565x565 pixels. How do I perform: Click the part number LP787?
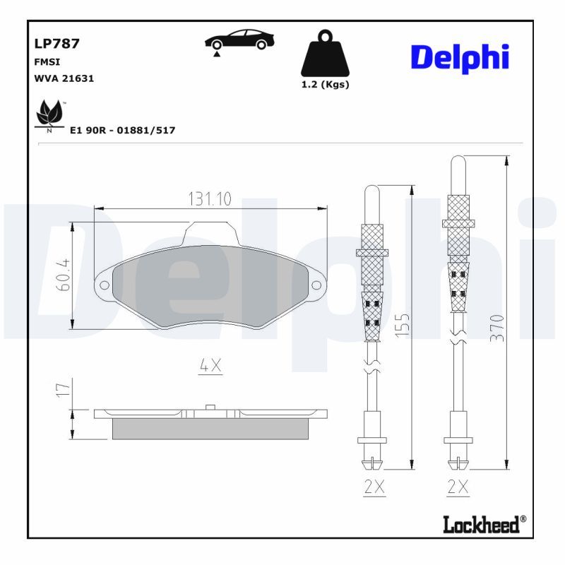pyautogui.click(x=57, y=43)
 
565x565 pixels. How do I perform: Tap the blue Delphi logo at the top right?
pyautogui.click(x=460, y=57)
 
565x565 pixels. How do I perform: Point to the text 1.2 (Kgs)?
pyautogui.click(x=325, y=84)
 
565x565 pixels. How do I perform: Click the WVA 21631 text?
pyautogui.click(x=64, y=78)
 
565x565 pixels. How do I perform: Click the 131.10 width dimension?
pyautogui.click(x=209, y=199)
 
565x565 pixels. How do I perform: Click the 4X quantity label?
pyautogui.click(x=210, y=365)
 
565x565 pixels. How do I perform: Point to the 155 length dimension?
pyautogui.click(x=401, y=327)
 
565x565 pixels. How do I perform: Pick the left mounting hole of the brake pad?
pyautogui.click(x=105, y=285)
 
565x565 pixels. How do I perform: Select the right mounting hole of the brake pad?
pyautogui.click(x=315, y=285)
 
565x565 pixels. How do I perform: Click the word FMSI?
pyautogui.click(x=47, y=61)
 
